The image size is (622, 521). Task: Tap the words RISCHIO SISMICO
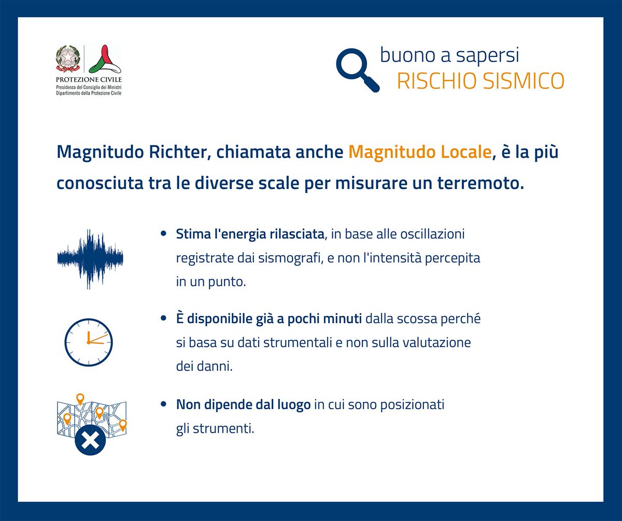point(480,81)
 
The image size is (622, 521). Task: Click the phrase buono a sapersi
point(449,55)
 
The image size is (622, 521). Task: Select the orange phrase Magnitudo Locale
point(419,152)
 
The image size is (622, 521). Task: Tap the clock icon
point(88,342)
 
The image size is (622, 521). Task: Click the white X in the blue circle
point(90,441)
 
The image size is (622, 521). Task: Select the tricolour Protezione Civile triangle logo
point(105,59)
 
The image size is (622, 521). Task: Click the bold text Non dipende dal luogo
point(243,404)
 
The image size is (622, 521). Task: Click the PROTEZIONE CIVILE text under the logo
point(89,80)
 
